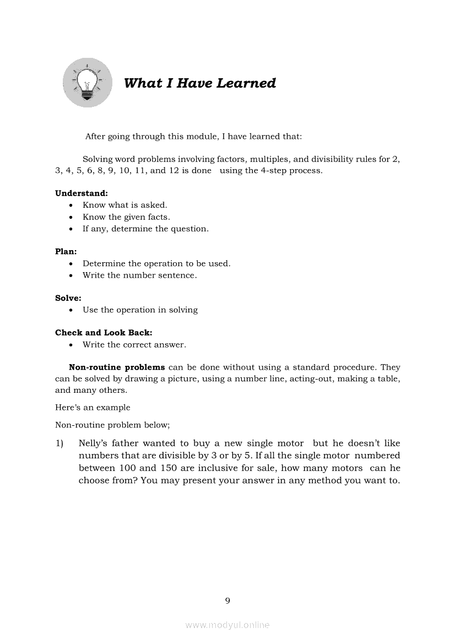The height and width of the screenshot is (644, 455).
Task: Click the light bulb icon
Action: pos(87,83)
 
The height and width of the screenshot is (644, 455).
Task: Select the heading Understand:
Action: pos(81,193)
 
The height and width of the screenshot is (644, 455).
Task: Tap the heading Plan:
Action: pos(66,251)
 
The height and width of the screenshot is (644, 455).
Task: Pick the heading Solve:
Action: pos(68,298)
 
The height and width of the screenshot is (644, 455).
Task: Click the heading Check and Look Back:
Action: pos(104,333)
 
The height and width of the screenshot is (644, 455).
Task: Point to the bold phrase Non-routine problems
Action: pos(117,367)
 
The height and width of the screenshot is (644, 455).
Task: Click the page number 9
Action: pos(227,600)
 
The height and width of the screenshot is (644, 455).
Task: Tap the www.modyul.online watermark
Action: pos(227,625)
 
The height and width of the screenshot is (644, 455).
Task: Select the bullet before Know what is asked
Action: pos(72,205)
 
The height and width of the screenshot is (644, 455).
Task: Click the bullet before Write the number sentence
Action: pos(72,275)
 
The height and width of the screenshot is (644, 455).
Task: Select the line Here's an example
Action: pos(93,408)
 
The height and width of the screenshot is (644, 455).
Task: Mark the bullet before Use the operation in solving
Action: pos(72,310)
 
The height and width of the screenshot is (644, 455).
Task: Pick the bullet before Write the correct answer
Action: pos(72,345)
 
